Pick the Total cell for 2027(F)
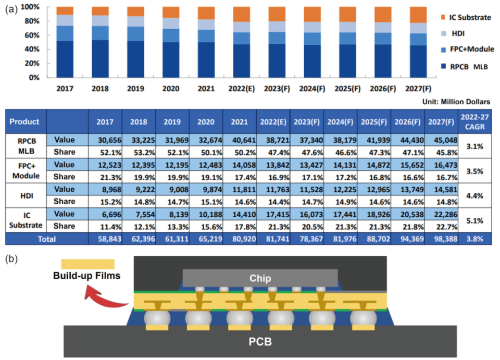point(441,239)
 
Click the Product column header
point(24,122)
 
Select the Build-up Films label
point(86,275)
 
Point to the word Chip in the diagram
point(260,277)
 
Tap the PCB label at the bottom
point(260,342)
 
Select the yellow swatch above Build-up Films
point(87,264)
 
